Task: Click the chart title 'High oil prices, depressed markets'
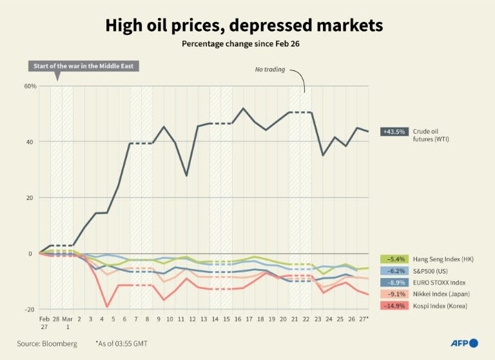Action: point(244,26)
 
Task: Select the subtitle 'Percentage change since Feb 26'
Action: point(244,45)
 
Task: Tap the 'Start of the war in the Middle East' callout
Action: point(84,66)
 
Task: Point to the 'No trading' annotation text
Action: point(269,69)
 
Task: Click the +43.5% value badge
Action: point(394,132)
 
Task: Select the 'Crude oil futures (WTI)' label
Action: point(431,135)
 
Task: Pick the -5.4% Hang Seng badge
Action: point(394,259)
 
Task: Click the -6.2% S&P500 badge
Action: point(394,271)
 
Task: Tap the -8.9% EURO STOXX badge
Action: point(394,283)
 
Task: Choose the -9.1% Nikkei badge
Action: point(394,294)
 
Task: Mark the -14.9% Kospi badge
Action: point(394,305)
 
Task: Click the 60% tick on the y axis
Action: point(30,86)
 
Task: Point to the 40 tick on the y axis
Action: point(31,142)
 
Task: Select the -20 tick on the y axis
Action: point(30,310)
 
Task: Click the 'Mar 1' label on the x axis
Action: point(67,323)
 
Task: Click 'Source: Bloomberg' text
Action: point(47,344)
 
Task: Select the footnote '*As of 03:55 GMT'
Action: point(122,344)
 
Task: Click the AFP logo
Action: point(464,343)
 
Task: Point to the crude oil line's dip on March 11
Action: point(186,175)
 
